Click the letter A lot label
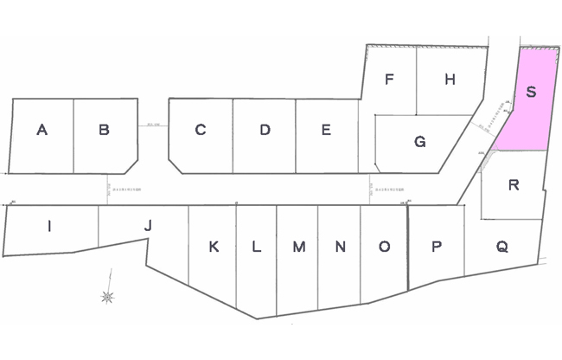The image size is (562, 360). (42, 131)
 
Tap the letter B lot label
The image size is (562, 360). (104, 131)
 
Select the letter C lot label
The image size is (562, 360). (200, 131)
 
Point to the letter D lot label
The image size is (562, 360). (265, 131)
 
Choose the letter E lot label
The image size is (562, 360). (326, 131)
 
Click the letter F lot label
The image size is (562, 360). (390, 80)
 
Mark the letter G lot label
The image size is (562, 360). (419, 142)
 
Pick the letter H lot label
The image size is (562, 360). (450, 80)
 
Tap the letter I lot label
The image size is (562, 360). (49, 227)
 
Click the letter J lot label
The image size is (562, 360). (148, 226)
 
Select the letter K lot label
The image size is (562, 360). (214, 247)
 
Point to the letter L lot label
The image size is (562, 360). (256, 247)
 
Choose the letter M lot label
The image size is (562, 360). (298, 247)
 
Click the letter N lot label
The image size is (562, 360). (341, 247)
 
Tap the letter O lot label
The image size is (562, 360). (384, 247)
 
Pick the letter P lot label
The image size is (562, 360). (437, 247)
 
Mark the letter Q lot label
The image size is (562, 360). (501, 247)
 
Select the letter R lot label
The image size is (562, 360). (514, 184)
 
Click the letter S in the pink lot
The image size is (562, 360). (532, 93)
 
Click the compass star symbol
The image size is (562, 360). (108, 298)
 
